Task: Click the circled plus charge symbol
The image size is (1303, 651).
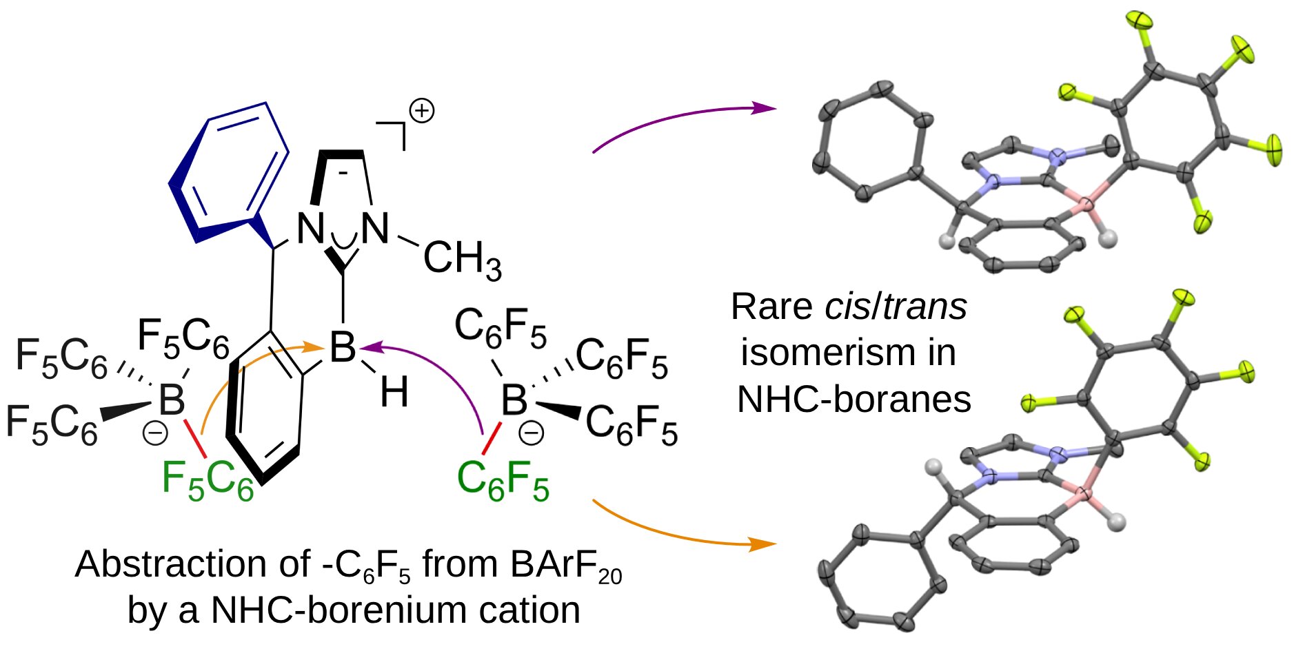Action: (x=421, y=111)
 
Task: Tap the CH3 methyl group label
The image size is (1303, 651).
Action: (x=463, y=260)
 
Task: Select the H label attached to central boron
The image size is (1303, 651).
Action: (x=394, y=392)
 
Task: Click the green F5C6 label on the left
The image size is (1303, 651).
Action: (x=208, y=479)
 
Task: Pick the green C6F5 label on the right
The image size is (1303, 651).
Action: (x=503, y=479)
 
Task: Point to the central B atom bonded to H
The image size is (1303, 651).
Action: (x=343, y=347)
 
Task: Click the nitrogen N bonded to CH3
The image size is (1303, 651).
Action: (x=375, y=228)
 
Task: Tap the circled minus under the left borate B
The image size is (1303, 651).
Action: (x=155, y=433)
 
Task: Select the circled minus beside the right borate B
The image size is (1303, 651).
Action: (x=531, y=433)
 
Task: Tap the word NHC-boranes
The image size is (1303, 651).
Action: (x=854, y=399)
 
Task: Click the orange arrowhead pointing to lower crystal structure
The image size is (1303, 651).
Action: (x=766, y=544)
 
